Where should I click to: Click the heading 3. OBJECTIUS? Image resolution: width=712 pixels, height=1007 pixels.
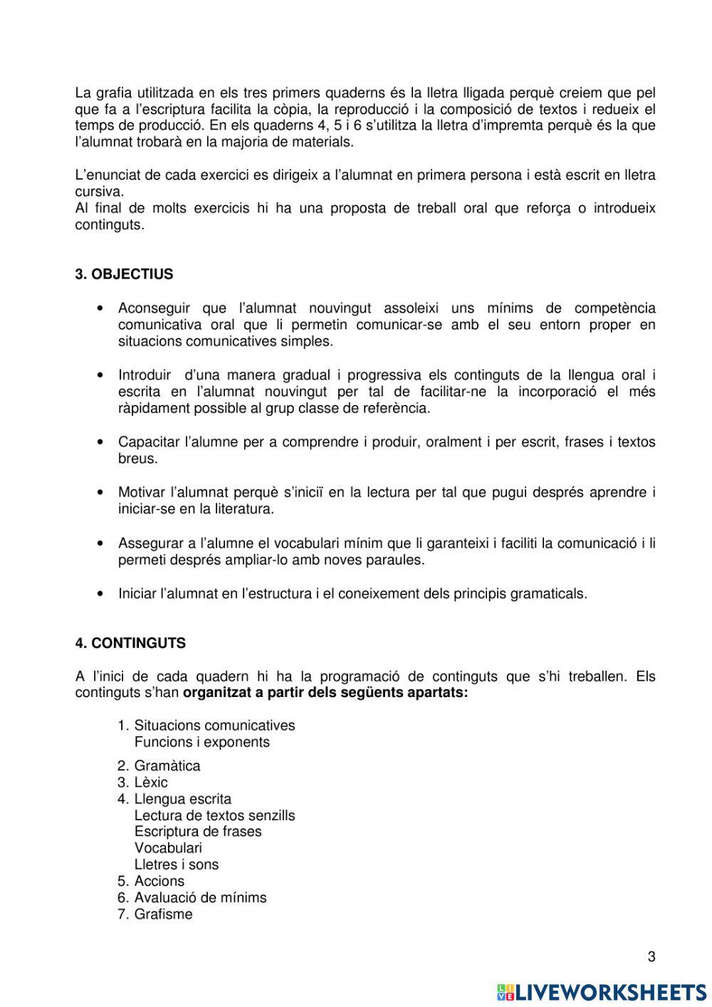click(124, 274)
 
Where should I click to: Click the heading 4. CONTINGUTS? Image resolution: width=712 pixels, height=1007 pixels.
click(130, 643)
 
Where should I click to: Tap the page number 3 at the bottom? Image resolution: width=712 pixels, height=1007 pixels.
click(651, 957)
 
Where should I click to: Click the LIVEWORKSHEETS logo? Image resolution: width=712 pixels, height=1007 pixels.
click(601, 991)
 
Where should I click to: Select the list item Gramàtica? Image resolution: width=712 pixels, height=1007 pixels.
click(167, 766)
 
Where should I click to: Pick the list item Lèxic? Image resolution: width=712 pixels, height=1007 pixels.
click(150, 783)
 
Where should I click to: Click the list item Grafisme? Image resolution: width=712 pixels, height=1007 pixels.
click(163, 914)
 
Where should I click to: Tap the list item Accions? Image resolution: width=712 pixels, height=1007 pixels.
click(159, 882)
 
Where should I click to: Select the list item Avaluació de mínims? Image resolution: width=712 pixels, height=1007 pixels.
click(200, 898)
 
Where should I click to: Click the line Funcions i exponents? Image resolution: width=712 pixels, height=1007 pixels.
click(201, 742)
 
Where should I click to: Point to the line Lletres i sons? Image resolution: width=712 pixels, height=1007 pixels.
click(176, 864)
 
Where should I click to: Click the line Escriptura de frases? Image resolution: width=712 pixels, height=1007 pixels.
click(197, 832)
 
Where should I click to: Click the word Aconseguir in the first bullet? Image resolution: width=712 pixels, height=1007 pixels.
click(154, 309)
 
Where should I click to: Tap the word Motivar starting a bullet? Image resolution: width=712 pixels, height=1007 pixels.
click(142, 492)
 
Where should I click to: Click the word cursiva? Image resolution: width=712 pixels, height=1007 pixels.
click(99, 192)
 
